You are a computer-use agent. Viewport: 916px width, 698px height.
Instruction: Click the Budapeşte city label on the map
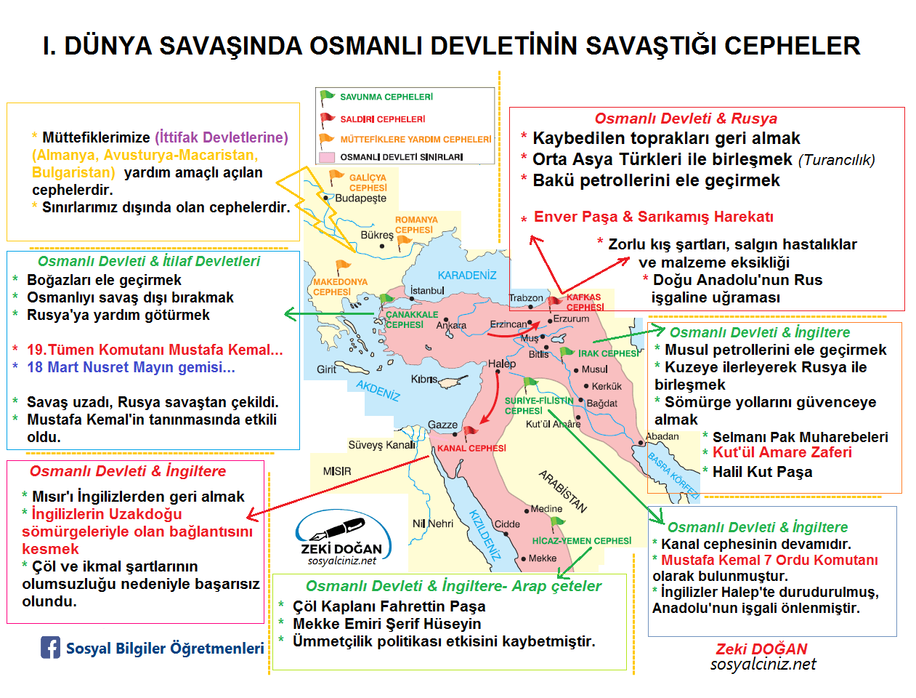(x=361, y=198)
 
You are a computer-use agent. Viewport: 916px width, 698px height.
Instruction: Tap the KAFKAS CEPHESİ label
(x=585, y=302)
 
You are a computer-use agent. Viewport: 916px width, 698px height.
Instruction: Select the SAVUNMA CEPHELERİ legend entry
(x=386, y=97)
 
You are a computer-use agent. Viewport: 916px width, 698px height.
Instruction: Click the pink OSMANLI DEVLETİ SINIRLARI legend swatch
(x=327, y=157)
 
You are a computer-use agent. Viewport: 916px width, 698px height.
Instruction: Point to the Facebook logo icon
(x=50, y=648)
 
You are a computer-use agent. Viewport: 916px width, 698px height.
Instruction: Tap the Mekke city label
(x=542, y=558)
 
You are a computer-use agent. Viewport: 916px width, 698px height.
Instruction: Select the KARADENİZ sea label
(x=467, y=276)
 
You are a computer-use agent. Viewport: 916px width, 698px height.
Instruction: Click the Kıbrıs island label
(x=424, y=380)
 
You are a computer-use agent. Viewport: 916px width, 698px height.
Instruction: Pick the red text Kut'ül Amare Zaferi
(x=782, y=452)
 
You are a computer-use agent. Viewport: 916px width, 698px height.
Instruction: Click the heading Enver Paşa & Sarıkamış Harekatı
(x=653, y=217)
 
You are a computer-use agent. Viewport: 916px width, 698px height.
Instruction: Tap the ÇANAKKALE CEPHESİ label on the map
(x=411, y=320)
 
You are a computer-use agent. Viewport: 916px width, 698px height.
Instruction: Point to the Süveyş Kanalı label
(x=381, y=445)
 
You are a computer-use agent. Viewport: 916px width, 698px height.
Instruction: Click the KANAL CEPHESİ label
(x=471, y=449)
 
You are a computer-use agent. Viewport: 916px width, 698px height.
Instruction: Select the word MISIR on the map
(x=337, y=472)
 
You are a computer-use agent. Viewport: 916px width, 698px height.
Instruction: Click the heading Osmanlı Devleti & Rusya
(x=685, y=119)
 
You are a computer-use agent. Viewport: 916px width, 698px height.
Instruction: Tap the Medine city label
(x=546, y=509)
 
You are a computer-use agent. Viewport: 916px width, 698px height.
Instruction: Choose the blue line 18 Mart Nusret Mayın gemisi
(x=131, y=367)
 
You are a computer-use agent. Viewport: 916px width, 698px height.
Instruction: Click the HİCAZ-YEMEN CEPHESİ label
(x=581, y=541)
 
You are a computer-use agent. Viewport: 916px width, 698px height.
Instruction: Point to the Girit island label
(x=326, y=369)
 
